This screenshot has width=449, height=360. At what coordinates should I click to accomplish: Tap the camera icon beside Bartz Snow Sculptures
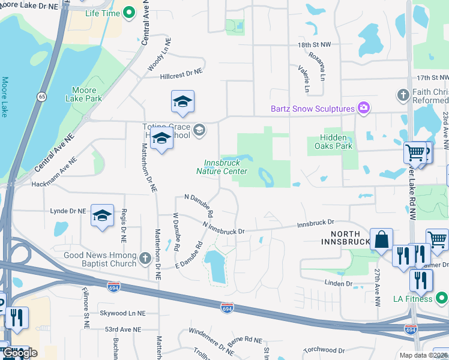[x=363, y=108]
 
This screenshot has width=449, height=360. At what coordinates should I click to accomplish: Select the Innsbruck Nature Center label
[x=222, y=167]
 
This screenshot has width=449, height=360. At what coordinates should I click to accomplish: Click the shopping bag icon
[x=381, y=239]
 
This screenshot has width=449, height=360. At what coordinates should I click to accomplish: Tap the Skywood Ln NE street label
[x=122, y=313]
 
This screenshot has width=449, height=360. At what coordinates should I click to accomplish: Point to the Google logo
[x=20, y=353]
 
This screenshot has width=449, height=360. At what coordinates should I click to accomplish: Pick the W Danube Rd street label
[x=176, y=232]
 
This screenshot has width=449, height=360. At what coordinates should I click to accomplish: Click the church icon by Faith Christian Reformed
[x=403, y=95]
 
